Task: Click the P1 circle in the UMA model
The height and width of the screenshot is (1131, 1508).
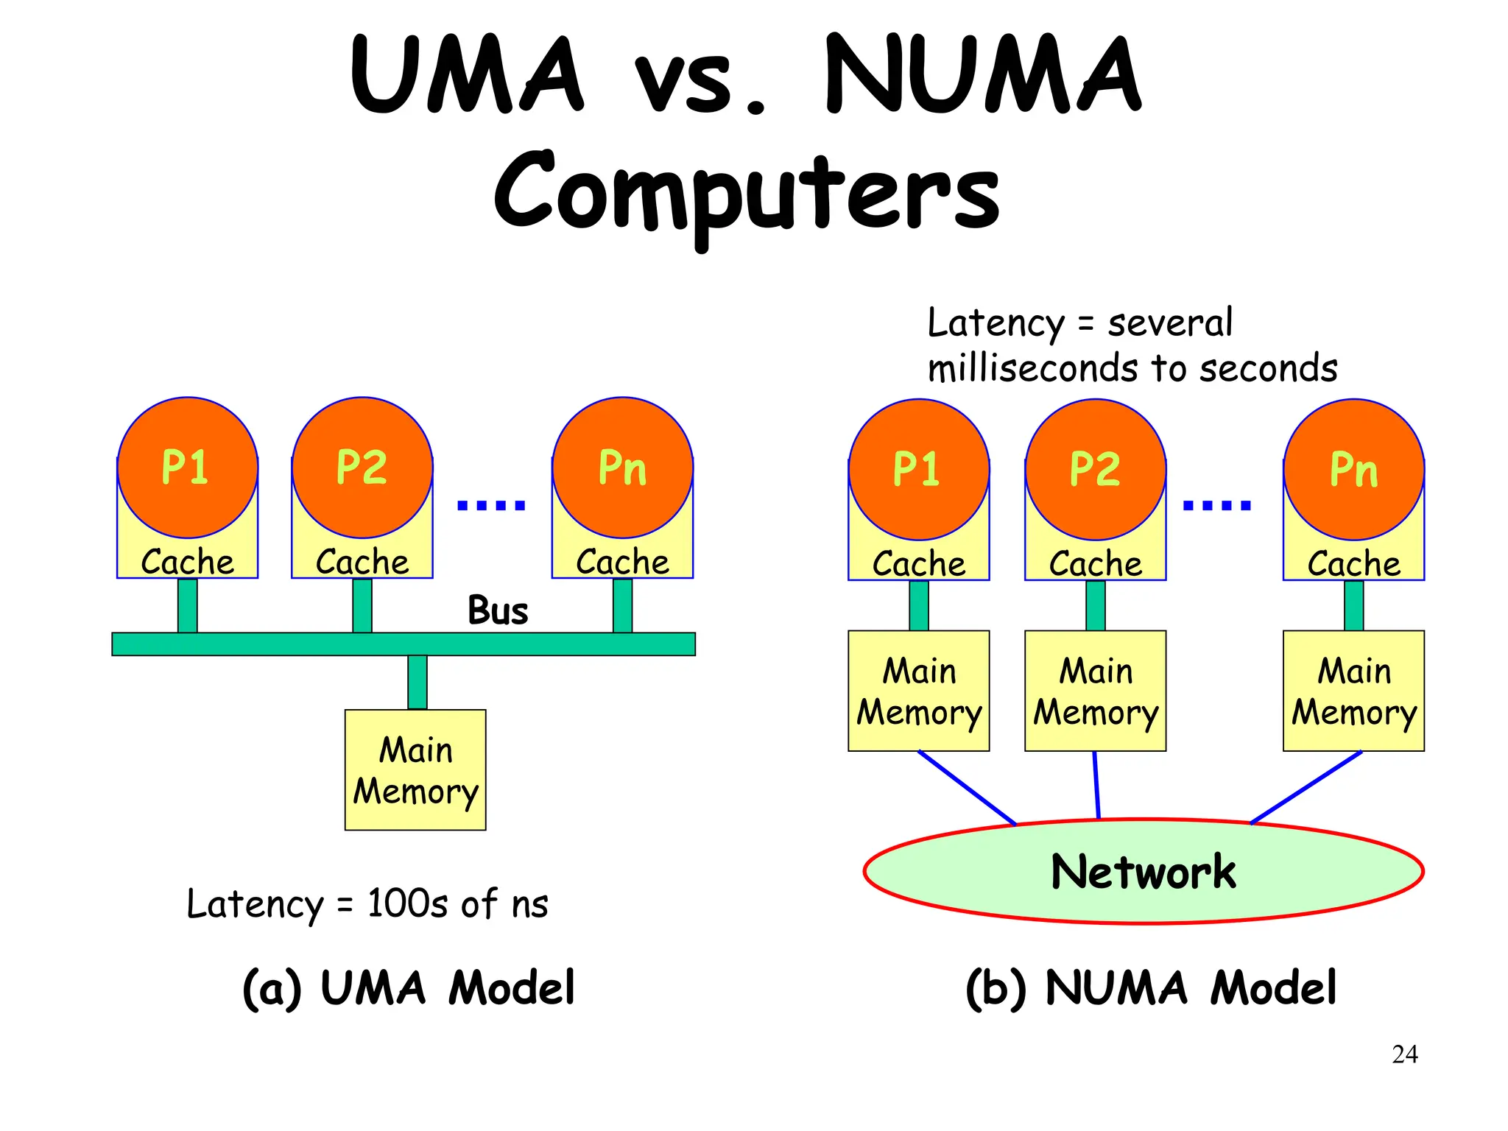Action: (187, 467)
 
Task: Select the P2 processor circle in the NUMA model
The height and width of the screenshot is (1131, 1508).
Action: (1095, 469)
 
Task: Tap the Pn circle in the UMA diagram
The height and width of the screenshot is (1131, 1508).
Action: (622, 467)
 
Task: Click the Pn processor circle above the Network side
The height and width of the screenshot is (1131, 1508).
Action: (1353, 469)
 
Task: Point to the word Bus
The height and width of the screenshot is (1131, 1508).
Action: (498, 610)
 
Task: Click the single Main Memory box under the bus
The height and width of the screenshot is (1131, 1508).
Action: (415, 770)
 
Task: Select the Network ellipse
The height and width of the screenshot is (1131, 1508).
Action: (1143, 872)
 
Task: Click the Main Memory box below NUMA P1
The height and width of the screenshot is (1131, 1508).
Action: (918, 691)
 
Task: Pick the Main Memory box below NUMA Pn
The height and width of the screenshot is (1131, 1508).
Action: (1353, 691)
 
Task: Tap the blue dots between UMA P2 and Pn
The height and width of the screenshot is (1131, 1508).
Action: (491, 505)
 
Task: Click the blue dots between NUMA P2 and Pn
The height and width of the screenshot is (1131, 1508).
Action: (1216, 505)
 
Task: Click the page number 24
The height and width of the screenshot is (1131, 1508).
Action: (1404, 1054)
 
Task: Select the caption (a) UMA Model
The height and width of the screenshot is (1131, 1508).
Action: (409, 987)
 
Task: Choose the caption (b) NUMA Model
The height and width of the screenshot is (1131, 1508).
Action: (1150, 987)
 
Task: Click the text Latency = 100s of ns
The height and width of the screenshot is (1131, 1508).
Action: (367, 903)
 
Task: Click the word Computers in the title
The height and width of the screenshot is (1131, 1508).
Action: (747, 193)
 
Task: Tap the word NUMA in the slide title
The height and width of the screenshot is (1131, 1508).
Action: (983, 75)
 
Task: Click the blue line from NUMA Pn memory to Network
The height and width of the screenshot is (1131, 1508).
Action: (1306, 787)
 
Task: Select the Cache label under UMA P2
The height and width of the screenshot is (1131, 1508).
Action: (362, 563)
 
